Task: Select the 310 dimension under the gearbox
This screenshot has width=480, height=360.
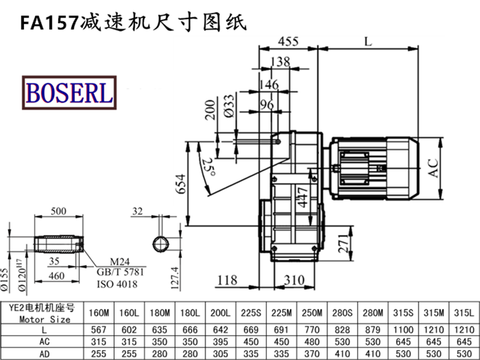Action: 294,280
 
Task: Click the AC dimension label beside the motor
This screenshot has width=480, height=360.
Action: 434,167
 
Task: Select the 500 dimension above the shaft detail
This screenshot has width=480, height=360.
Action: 58,212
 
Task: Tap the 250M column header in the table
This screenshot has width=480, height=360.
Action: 312,313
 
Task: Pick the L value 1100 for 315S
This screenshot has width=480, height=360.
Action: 404,329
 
